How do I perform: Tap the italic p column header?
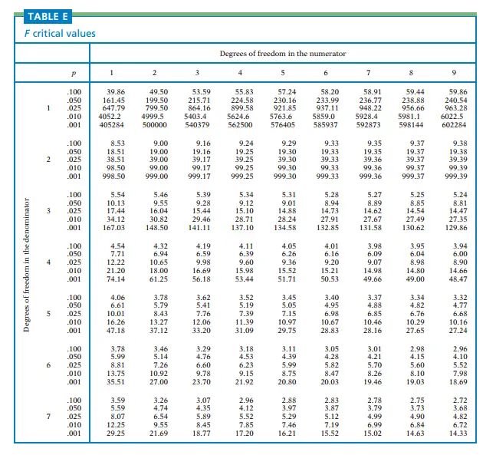pyautogui.click(x=74, y=73)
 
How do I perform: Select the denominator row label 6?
pyautogui.click(x=49, y=364)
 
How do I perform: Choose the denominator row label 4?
pyautogui.click(x=49, y=262)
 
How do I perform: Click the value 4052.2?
pyautogui.click(x=111, y=117)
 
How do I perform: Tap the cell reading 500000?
pyautogui.click(x=155, y=124)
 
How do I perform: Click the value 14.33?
pyautogui.click(x=458, y=432)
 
